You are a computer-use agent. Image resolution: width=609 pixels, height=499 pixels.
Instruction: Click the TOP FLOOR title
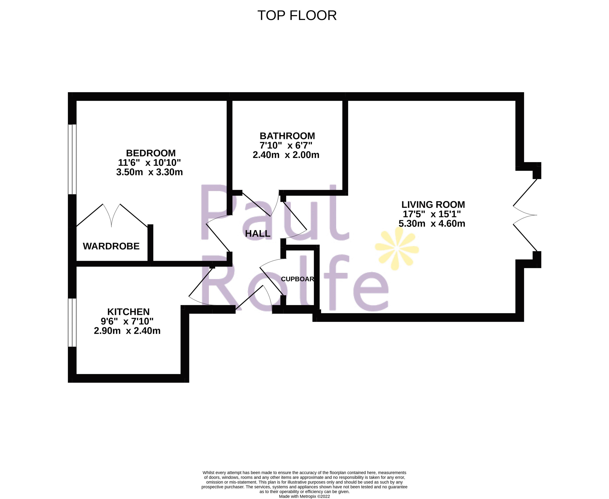pyautogui.click(x=297, y=15)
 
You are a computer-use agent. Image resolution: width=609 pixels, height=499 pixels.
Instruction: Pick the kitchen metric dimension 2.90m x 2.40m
pyautogui.click(x=127, y=331)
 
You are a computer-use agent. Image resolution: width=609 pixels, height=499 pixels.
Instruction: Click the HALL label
pyautogui.click(x=258, y=234)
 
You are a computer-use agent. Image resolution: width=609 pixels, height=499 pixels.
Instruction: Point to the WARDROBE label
pyautogui.click(x=111, y=246)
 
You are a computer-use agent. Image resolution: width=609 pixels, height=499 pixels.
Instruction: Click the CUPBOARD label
pyautogui.click(x=297, y=279)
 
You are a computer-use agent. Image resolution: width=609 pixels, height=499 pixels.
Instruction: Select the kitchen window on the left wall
pyautogui.click(x=72, y=322)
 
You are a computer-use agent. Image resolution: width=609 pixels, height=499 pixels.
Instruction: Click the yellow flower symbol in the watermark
pyautogui.click(x=397, y=249)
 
